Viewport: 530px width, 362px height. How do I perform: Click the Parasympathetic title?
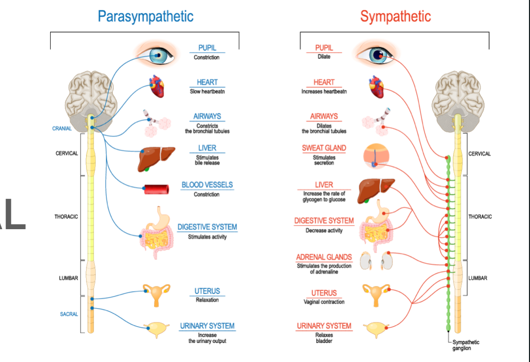coord(146,16)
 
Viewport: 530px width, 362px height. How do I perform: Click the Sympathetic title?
coord(395,16)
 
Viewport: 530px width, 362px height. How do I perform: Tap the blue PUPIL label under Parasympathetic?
coord(207,48)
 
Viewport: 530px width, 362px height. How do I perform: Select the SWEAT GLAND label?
coord(324,148)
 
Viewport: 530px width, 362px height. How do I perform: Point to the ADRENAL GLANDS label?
coord(324,257)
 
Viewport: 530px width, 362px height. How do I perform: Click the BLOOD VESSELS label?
coord(207,185)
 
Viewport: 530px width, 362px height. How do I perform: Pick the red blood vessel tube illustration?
coord(157,189)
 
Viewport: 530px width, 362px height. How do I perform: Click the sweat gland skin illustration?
coord(378,156)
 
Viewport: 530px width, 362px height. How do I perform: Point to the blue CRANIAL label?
coord(62,129)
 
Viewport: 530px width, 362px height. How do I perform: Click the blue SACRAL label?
coord(69,314)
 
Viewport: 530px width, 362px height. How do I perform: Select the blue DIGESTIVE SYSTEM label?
coord(207,227)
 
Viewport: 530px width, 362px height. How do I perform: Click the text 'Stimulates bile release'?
coord(207,160)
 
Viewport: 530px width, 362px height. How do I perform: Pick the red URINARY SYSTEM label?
coord(324,326)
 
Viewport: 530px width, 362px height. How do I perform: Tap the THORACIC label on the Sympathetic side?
coord(480,217)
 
